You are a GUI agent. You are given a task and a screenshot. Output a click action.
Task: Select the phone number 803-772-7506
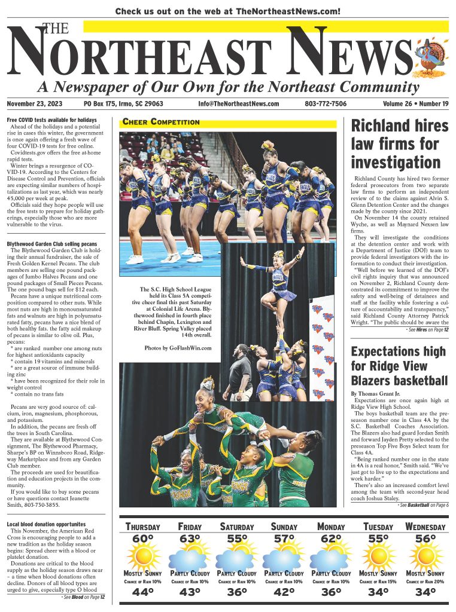pyautogui.click(x=326, y=104)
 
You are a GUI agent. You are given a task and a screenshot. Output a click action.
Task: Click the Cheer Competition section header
pyautogui.click(x=161, y=122)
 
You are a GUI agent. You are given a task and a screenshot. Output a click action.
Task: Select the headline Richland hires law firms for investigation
pyautogui.click(x=399, y=143)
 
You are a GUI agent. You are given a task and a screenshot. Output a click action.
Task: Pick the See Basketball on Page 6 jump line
pyautogui.click(x=422, y=505)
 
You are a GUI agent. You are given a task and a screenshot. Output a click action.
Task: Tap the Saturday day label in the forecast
pyautogui.click(x=236, y=527)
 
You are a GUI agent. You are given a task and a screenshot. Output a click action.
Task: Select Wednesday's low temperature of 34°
pyautogui.click(x=425, y=592)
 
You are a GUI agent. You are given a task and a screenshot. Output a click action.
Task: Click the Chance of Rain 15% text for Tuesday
pyautogui.click(x=378, y=581)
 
